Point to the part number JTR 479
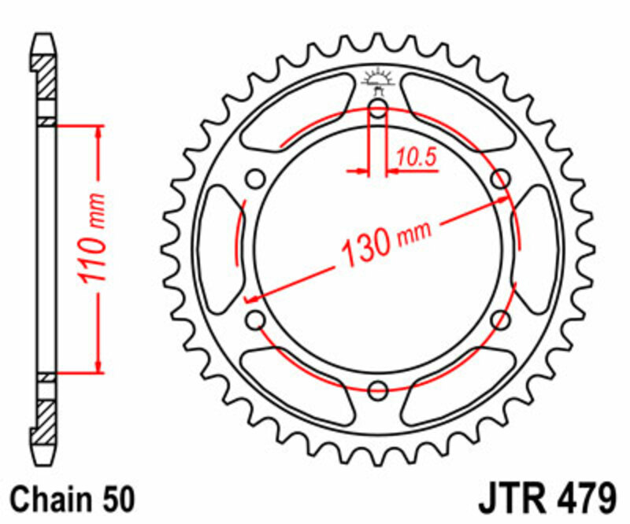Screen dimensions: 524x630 point(547,499)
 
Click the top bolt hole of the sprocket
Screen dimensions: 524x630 point(378,109)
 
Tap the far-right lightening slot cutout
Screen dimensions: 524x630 point(537,248)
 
